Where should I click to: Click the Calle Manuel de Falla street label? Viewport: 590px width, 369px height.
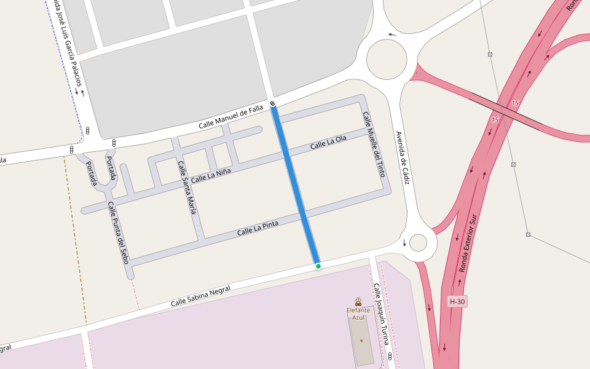coord(231,118)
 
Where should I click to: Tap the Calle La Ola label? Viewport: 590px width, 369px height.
coord(328,142)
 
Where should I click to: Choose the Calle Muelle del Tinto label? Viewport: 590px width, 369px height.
coord(373,145)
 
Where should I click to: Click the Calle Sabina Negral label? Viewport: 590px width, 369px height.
coord(200,296)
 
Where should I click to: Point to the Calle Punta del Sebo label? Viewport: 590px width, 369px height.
coord(119,233)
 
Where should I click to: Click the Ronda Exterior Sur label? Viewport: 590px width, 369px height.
coord(468,244)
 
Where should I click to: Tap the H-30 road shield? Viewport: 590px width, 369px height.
coord(457,301)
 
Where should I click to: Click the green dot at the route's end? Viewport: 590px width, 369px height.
coord(318,266)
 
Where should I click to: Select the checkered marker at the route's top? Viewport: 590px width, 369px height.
coord(272,103)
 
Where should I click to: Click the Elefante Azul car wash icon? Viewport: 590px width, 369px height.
coord(358,301)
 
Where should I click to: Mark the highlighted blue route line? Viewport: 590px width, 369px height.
coord(296,184)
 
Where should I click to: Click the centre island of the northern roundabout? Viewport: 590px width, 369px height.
coord(387,60)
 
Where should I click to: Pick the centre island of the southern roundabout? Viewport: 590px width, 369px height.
coord(418,243)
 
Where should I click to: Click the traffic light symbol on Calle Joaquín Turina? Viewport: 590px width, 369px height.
coord(390,357)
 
